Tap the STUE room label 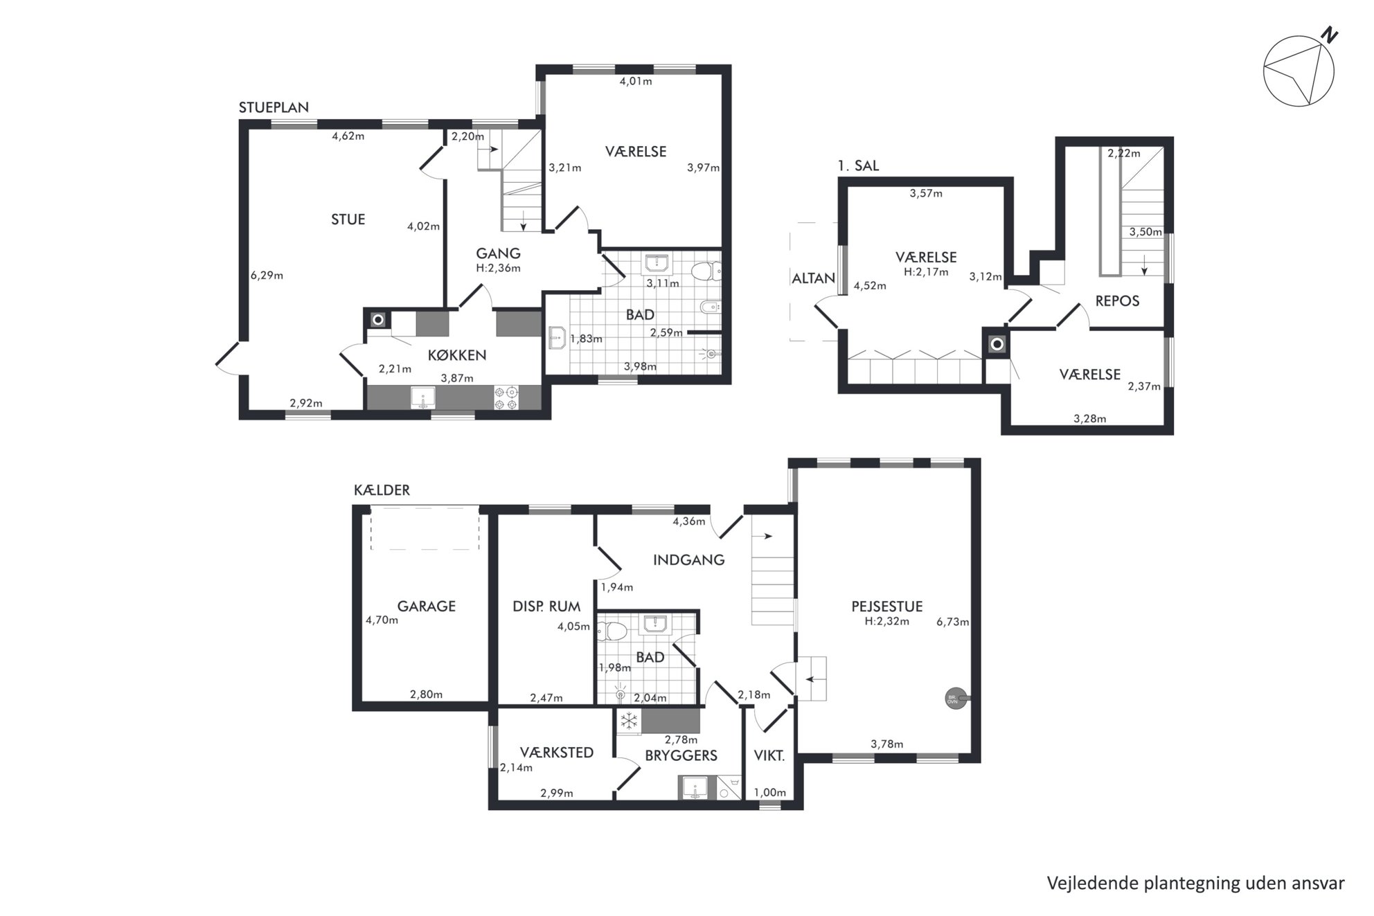348,219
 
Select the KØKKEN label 456,355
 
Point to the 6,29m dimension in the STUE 267,276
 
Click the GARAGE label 426,607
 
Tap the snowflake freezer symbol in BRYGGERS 628,721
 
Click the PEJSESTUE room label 887,607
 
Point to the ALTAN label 813,278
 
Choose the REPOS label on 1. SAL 1117,301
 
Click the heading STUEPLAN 274,107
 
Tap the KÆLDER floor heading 382,490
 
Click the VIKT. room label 769,756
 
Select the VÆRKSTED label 557,753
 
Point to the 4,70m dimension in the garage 382,621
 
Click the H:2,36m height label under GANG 498,268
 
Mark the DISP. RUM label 546,607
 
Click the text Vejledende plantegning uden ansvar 1195,883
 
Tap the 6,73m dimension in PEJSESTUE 953,622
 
